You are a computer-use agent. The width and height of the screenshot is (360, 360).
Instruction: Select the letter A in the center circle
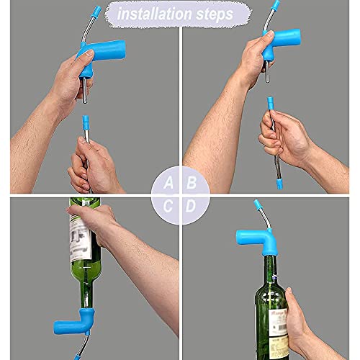tap(168, 183)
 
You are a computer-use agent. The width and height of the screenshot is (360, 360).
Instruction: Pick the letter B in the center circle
tap(192, 183)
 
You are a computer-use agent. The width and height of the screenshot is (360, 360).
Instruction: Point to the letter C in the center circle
tap(168, 207)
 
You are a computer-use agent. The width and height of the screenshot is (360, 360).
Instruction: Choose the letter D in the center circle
tap(192, 207)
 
